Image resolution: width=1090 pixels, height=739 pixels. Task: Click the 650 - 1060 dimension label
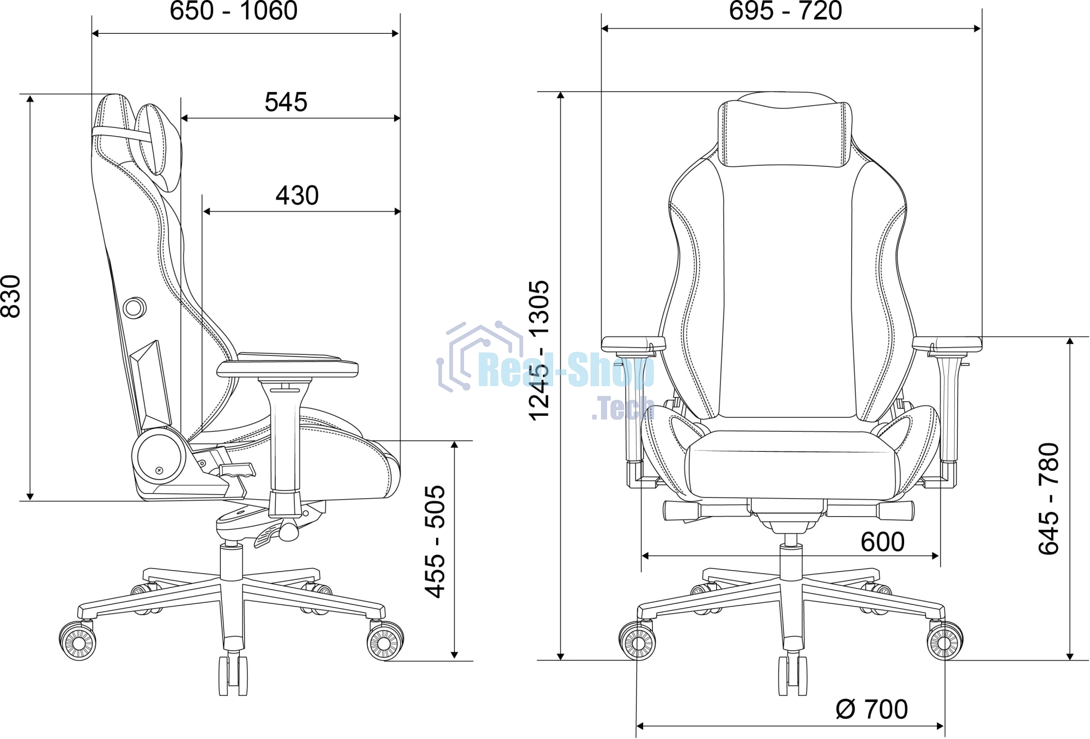coord(234,11)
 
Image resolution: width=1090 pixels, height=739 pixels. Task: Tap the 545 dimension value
coord(286,102)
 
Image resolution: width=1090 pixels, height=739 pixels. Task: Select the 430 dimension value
coord(297,196)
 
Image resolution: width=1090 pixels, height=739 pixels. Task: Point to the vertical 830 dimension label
coord(11,296)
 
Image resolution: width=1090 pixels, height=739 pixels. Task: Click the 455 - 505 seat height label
coord(435,542)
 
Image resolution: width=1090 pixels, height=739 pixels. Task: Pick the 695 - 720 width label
coord(786,11)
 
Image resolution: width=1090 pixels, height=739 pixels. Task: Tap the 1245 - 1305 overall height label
coord(540,350)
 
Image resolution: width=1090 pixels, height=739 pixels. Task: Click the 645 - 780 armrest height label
coord(1049,499)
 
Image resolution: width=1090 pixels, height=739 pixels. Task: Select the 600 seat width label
coord(882,542)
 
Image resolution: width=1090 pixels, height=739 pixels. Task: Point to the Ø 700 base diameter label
coord(872,710)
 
